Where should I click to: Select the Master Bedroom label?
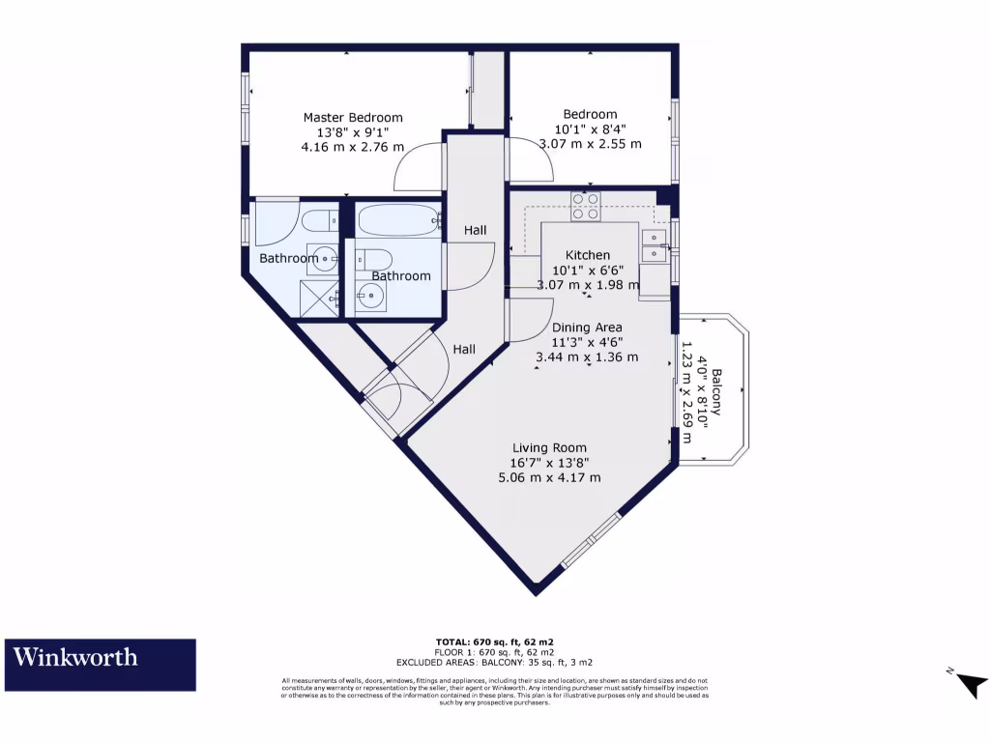[353, 118]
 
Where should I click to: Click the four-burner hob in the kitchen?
[585, 207]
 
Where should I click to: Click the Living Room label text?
[550, 447]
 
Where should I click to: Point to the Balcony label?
[716, 391]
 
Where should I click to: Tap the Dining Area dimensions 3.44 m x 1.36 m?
[587, 357]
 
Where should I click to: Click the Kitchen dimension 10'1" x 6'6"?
[587, 271]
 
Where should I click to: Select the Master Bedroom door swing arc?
[416, 169]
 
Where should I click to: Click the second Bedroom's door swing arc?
[532, 160]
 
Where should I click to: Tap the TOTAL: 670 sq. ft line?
[494, 642]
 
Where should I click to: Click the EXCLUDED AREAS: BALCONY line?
[494, 663]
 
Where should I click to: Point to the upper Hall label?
[475, 230]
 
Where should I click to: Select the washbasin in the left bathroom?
[329, 259]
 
